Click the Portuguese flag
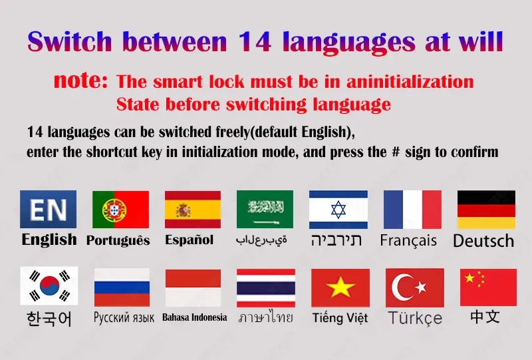(x=120, y=210)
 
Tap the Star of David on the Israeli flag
(x=338, y=210)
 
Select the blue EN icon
(x=48, y=209)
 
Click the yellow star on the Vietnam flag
(x=340, y=287)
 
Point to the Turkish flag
(x=414, y=287)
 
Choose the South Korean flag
(x=49, y=286)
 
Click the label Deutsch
(x=483, y=241)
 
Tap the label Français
(x=408, y=241)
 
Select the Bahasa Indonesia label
(x=195, y=317)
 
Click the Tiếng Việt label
(x=340, y=318)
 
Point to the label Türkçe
(x=415, y=318)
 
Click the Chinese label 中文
(x=485, y=317)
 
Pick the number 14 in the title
(x=255, y=42)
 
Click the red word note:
(x=80, y=80)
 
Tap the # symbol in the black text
(x=396, y=152)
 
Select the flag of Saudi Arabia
(x=265, y=209)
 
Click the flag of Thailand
(x=266, y=288)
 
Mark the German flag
(x=486, y=210)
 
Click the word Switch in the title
(x=70, y=41)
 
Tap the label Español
(x=189, y=240)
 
